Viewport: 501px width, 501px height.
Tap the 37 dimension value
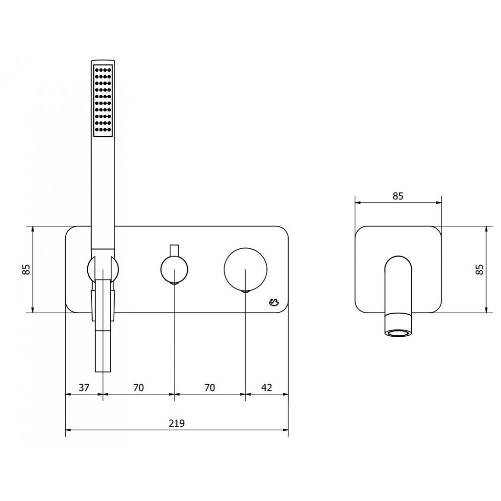[84, 388]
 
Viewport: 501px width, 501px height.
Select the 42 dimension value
[267, 388]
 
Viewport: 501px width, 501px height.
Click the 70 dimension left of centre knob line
[138, 388]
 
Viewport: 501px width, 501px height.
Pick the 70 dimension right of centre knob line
[209, 388]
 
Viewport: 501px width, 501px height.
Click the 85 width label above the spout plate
[398, 196]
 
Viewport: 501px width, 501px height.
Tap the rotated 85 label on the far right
[479, 269]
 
